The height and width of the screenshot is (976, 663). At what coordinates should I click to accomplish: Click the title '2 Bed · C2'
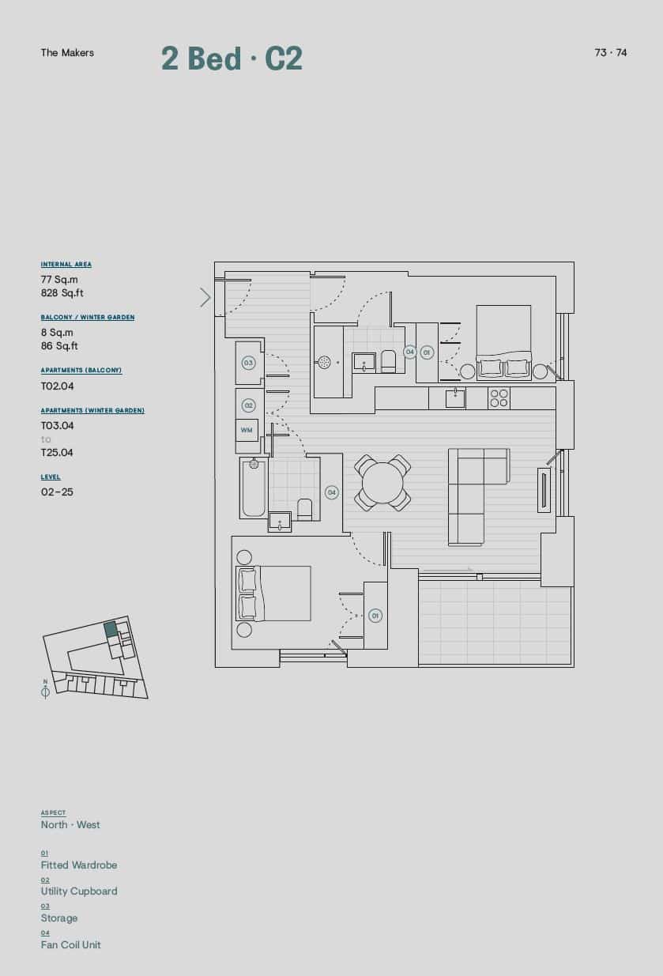click(x=232, y=58)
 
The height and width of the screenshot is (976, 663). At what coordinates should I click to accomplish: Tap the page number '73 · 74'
click(x=611, y=53)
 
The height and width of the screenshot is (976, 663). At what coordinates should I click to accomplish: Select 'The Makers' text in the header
click(x=67, y=53)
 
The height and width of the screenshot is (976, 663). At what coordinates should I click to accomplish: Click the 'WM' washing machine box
click(x=247, y=431)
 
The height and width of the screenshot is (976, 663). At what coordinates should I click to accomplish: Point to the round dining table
click(x=382, y=482)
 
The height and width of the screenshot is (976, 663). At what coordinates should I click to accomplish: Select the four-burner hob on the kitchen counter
click(x=499, y=398)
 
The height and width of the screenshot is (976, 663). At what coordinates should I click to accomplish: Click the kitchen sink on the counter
click(x=455, y=398)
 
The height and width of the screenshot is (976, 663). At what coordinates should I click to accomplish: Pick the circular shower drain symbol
click(x=324, y=362)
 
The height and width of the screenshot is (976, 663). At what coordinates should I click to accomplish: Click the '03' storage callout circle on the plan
click(x=248, y=363)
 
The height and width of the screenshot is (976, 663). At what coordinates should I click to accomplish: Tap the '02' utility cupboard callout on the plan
click(x=248, y=405)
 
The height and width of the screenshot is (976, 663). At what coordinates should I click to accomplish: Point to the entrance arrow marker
click(x=205, y=297)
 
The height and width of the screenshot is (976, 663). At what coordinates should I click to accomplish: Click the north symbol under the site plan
click(x=45, y=691)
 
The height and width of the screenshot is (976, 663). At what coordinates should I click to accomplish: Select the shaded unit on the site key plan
click(x=111, y=629)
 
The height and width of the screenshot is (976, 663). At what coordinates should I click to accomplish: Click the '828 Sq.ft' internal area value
click(x=62, y=293)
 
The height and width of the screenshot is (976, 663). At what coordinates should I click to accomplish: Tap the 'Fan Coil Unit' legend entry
click(x=71, y=944)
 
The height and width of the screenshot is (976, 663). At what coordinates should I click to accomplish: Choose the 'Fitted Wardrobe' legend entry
click(x=79, y=865)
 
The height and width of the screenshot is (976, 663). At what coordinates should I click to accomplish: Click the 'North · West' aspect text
click(x=70, y=824)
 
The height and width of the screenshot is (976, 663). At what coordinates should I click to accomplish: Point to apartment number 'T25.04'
click(x=57, y=453)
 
